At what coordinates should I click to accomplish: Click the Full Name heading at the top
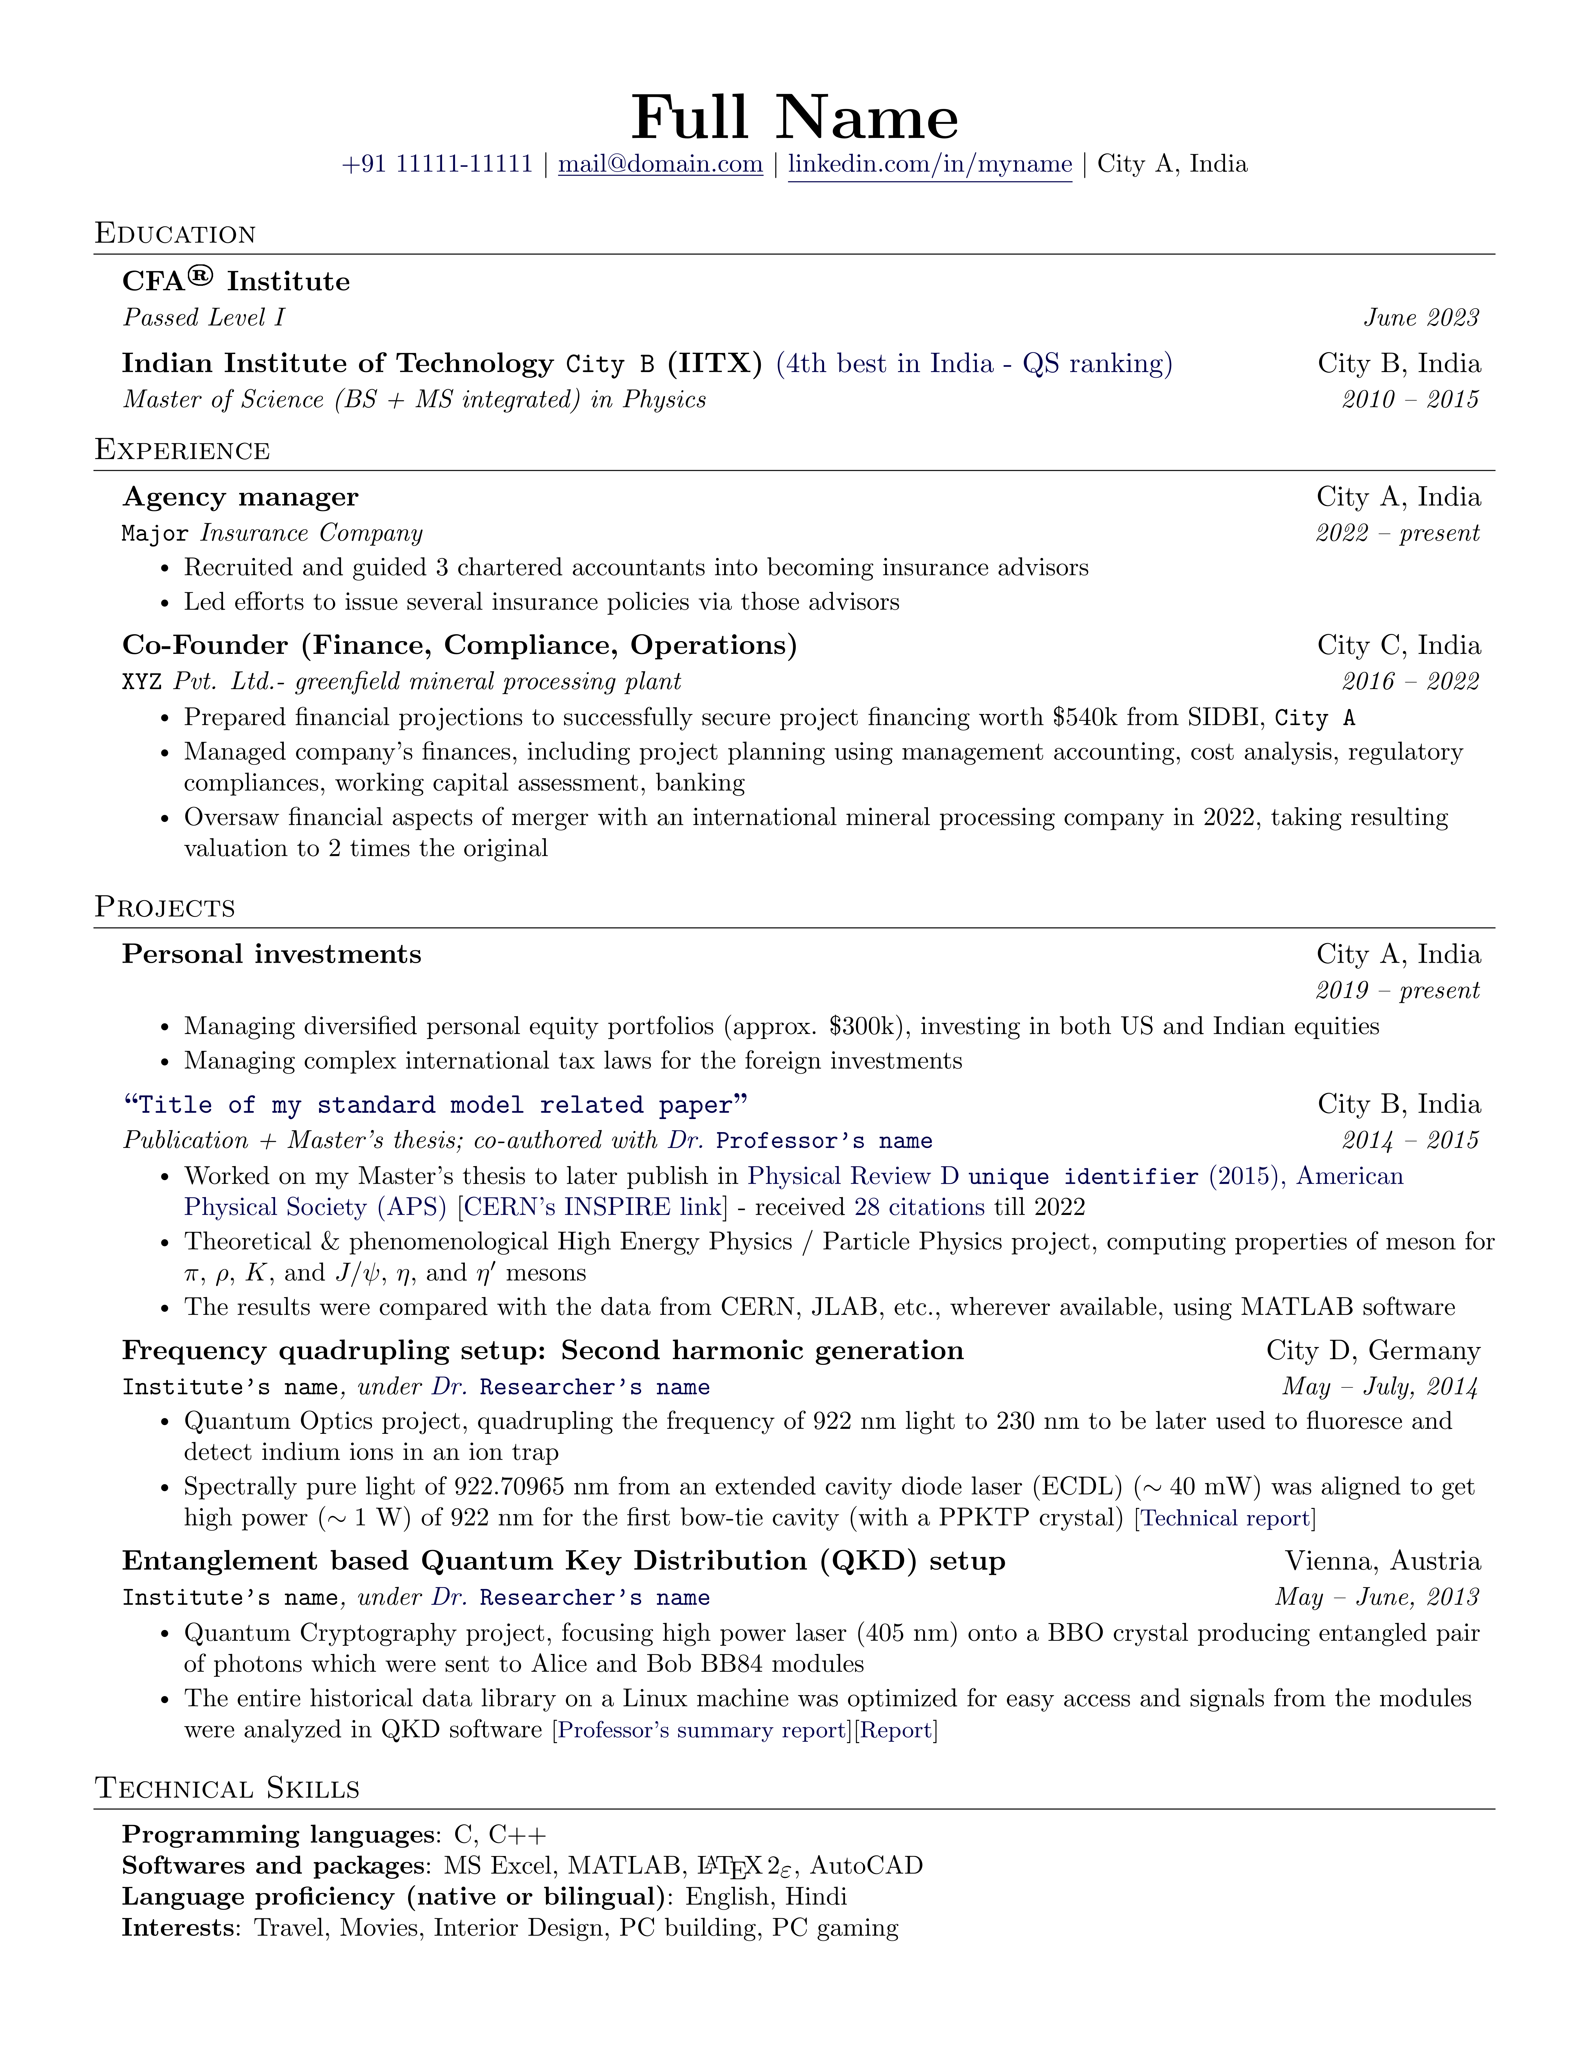[794, 119]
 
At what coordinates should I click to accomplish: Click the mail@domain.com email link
[660, 165]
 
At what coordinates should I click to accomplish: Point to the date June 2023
[1421, 318]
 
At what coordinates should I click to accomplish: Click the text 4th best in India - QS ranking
[974, 364]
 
